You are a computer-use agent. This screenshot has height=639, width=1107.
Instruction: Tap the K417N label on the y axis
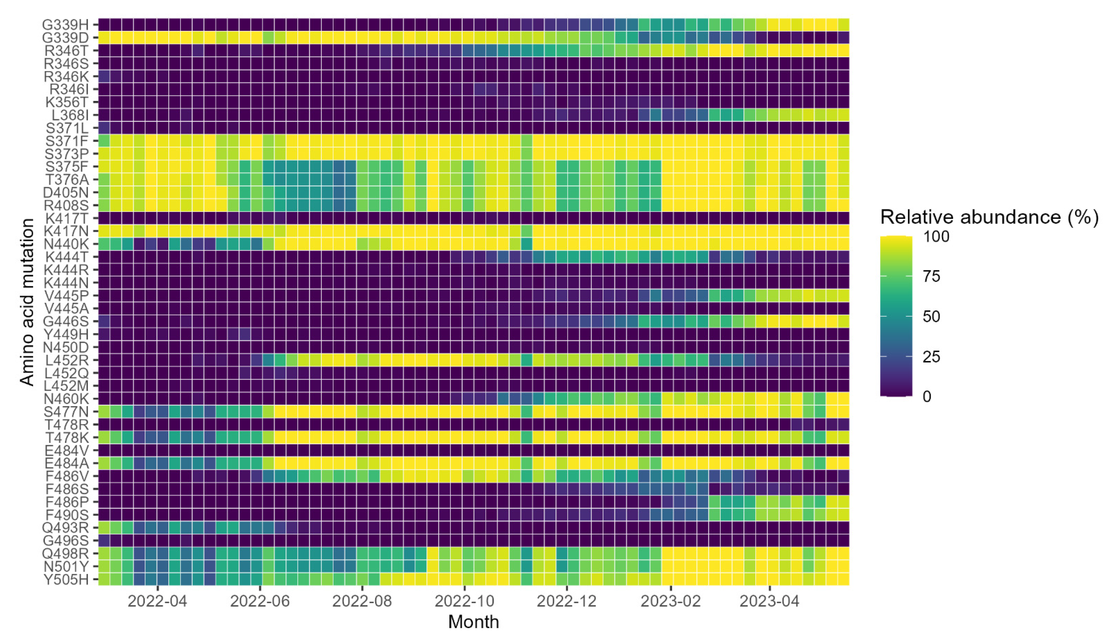(66, 231)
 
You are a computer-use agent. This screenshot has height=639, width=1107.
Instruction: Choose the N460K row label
(66, 399)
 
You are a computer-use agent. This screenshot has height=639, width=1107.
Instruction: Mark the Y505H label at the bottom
(66, 579)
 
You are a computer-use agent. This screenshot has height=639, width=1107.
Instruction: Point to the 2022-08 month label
(362, 601)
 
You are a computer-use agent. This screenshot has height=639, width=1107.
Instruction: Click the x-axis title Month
(474, 622)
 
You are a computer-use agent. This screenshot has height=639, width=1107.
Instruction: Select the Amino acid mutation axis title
(27, 302)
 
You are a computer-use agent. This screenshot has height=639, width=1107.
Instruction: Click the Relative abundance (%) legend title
(989, 217)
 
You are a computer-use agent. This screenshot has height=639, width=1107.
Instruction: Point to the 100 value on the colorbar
(936, 236)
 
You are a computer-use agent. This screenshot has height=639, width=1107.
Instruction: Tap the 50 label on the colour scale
(931, 316)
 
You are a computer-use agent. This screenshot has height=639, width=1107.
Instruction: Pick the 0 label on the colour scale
(926, 396)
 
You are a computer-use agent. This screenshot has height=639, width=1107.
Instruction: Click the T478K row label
(66, 437)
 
